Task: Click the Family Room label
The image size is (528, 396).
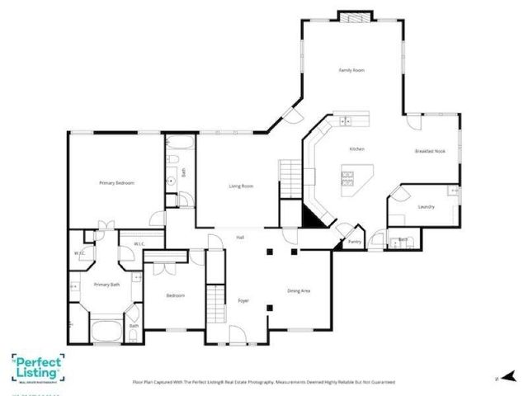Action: pos(351,71)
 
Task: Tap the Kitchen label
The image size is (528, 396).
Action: pos(356,148)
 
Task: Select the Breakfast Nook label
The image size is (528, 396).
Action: pos(430,152)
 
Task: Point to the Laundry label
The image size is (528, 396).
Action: pos(427,206)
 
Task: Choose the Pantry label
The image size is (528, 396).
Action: pos(355,242)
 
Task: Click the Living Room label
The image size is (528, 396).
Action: pos(240,186)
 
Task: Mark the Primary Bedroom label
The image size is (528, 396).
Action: pos(116,182)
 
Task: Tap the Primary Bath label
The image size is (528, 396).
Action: pos(106,285)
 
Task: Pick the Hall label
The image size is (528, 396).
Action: pos(240,238)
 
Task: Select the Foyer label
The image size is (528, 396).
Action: pos(243,300)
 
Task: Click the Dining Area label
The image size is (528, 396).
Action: pos(299,290)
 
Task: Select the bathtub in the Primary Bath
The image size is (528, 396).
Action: pos(103,332)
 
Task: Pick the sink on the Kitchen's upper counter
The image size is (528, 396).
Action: pos(346,121)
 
